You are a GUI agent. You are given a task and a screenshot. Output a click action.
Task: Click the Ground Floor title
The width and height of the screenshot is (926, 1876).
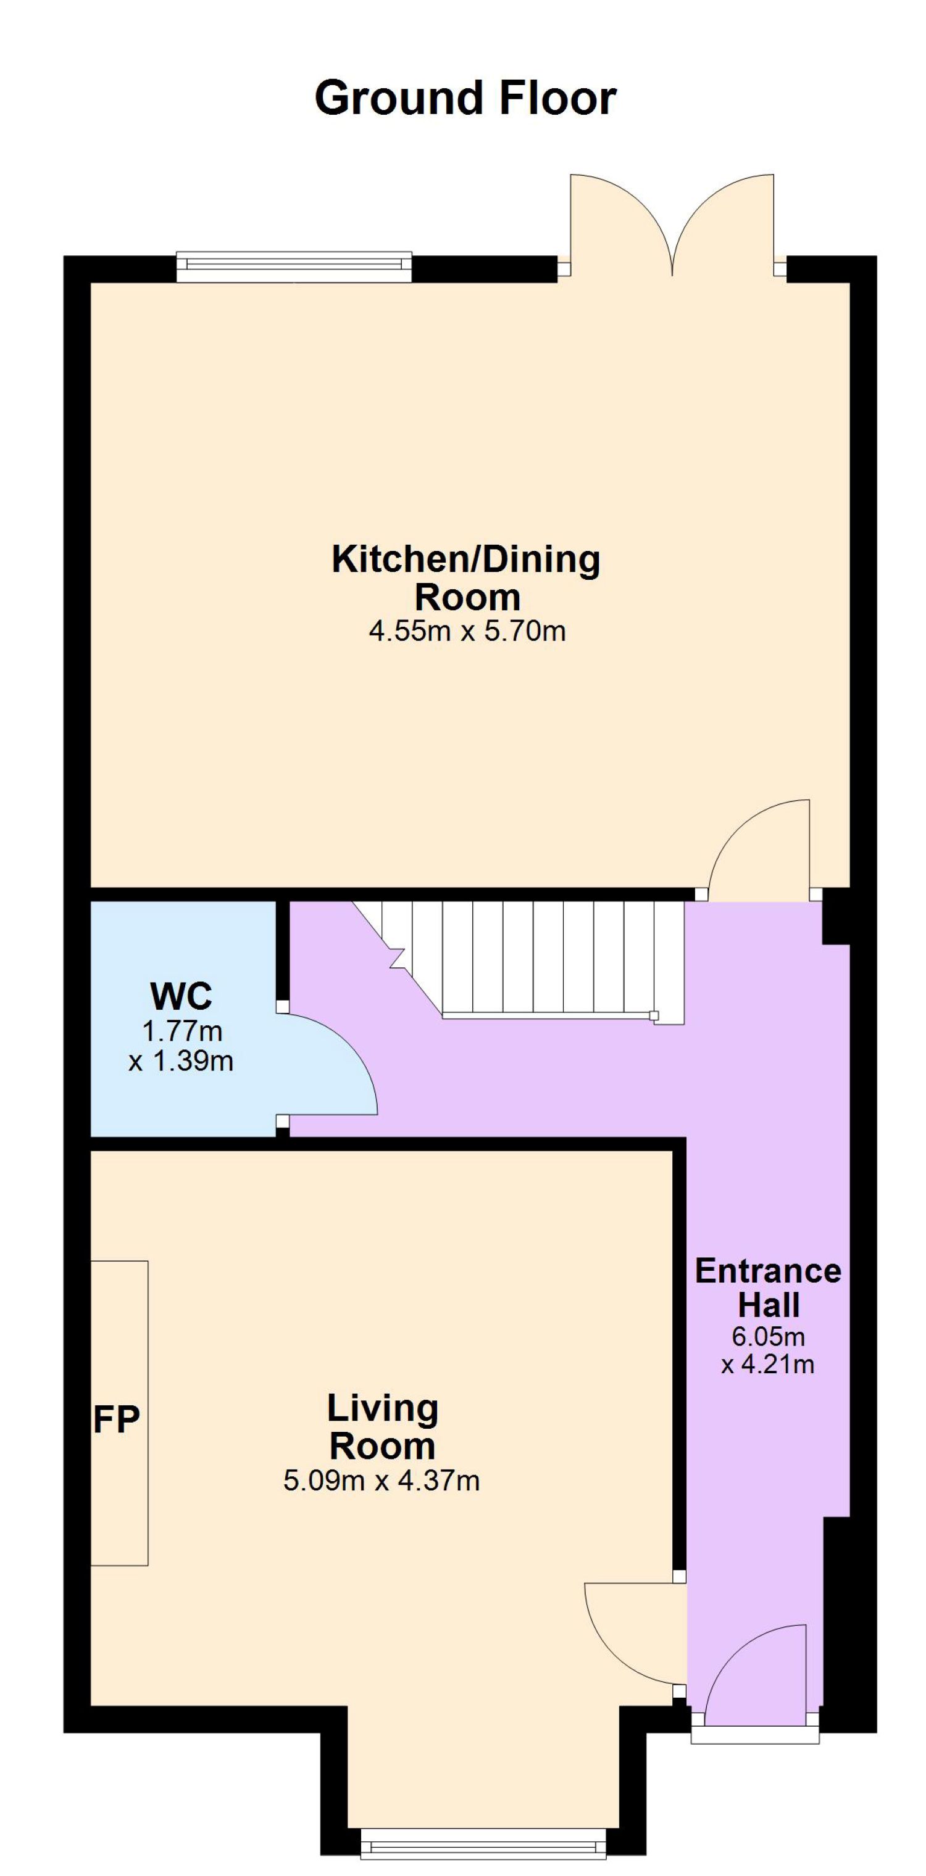pyautogui.click(x=465, y=98)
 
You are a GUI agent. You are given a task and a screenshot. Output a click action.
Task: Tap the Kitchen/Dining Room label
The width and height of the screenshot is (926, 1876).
pyautogui.click(x=466, y=578)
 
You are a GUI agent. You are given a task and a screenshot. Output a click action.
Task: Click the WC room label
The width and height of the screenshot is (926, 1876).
pyautogui.click(x=181, y=996)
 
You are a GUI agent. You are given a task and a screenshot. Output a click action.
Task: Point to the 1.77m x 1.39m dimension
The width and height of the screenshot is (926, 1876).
pyautogui.click(x=181, y=1046)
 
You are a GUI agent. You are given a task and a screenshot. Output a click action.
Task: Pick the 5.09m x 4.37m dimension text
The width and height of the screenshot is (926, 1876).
pyautogui.click(x=382, y=1481)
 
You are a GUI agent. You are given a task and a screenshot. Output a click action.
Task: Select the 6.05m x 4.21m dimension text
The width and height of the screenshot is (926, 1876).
pyautogui.click(x=768, y=1349)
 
